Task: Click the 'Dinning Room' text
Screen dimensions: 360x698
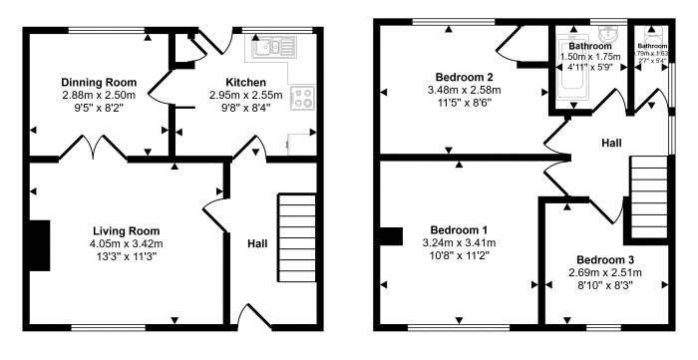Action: point(98,82)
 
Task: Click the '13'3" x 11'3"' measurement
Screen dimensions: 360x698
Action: point(125,256)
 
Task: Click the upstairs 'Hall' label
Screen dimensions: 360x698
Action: point(612,145)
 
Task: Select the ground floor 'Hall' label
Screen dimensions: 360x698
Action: point(257,241)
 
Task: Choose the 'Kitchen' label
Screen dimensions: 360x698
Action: point(245,82)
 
